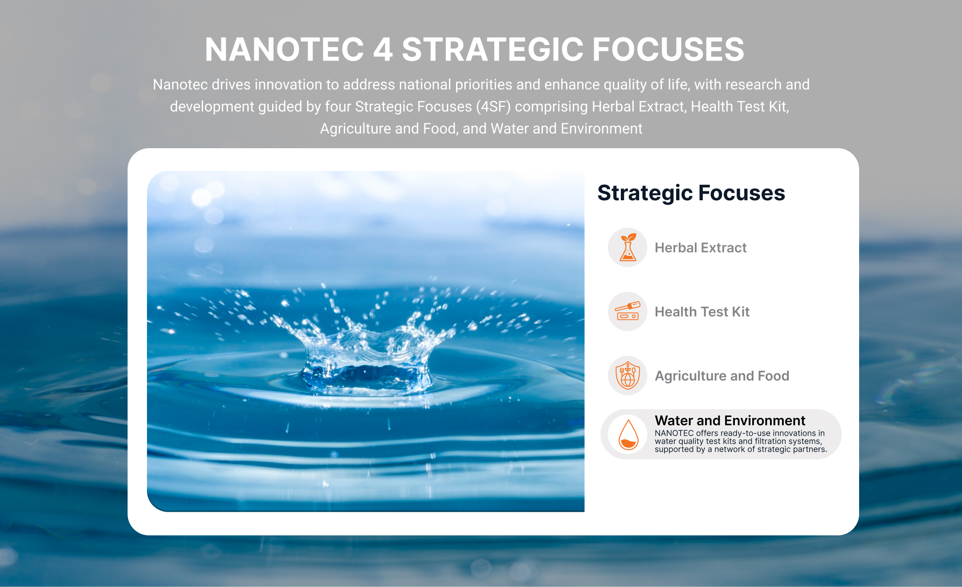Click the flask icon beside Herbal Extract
628,247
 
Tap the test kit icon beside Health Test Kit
628,311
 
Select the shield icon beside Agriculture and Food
628,376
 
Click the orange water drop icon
628,434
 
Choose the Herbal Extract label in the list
701,247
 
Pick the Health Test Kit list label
702,312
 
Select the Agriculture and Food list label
722,376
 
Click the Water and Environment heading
730,421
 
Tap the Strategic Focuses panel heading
691,193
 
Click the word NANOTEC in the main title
285,49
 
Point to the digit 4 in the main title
383,49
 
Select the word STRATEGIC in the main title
493,49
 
